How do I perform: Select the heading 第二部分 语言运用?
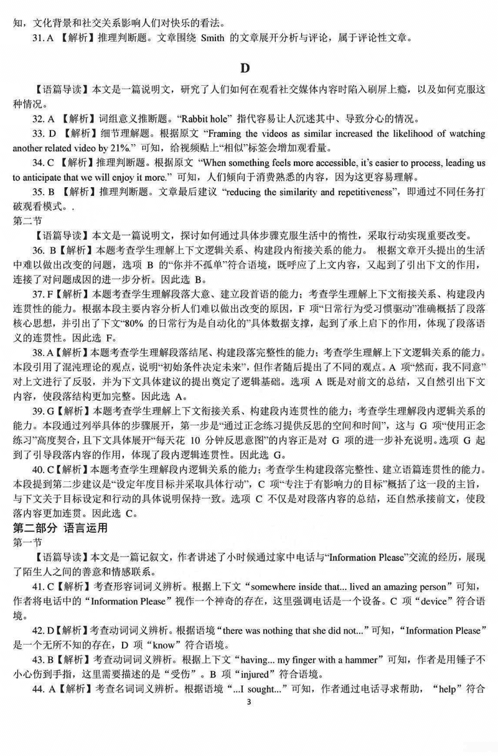59,528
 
